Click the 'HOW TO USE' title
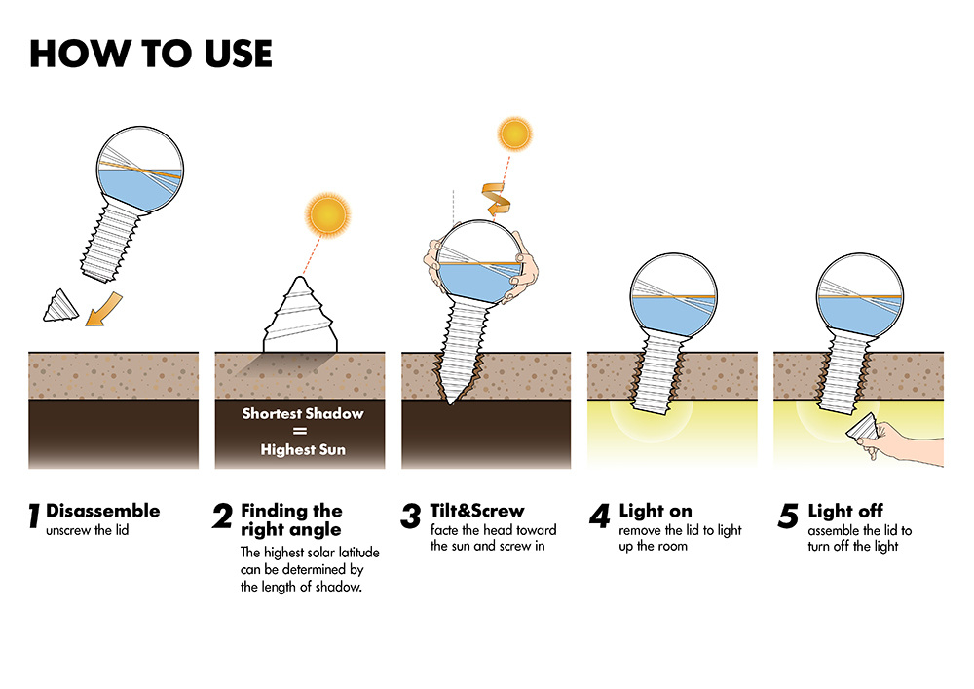151,54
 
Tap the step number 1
33,517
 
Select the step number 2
222,517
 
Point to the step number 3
410,517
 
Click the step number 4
599,517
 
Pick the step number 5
788,517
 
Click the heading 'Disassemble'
102,511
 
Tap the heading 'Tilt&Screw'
477,511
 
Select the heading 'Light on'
655,511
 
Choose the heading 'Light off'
845,511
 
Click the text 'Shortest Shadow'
303,414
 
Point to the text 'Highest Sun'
303,450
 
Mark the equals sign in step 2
303,432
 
